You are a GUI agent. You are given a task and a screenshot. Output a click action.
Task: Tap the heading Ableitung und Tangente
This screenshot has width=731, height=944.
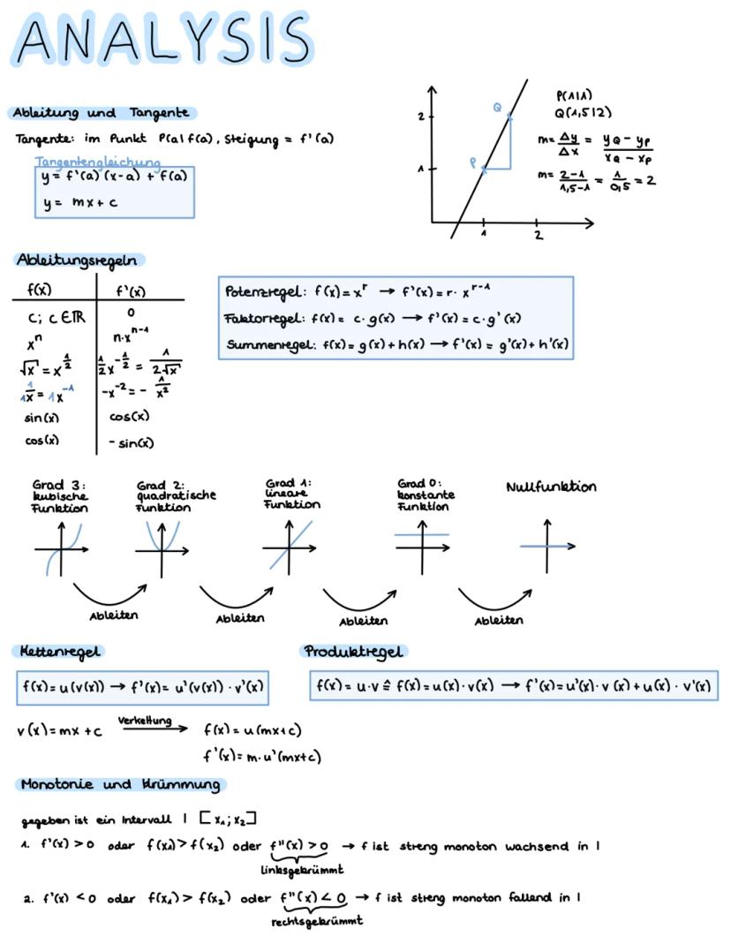101,113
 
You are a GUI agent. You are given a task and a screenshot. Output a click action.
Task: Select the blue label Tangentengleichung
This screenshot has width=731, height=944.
98,162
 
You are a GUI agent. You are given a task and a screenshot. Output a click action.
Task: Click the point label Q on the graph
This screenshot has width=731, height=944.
498,107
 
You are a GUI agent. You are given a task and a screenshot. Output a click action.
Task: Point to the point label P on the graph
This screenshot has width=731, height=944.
473,162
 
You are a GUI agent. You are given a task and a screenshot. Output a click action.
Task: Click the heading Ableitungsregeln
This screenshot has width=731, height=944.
79,260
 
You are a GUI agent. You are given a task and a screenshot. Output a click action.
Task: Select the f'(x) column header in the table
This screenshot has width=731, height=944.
131,291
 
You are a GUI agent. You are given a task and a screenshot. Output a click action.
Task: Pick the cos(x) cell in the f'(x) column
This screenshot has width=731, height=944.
129,416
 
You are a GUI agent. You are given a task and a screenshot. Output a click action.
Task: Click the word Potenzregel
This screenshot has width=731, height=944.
253,292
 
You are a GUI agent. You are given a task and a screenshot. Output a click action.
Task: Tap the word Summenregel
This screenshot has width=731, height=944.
257,344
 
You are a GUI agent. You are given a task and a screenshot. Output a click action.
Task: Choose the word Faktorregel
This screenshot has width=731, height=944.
255,318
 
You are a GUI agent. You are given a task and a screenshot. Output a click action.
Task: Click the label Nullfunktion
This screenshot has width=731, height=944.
551,487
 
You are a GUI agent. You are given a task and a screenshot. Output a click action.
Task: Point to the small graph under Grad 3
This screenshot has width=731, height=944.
62,549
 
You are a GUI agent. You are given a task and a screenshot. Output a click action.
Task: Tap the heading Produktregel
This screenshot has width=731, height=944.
353,652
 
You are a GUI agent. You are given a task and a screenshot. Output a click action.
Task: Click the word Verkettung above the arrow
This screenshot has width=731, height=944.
145,721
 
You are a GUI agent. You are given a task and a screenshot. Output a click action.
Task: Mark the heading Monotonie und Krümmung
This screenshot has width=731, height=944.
120,784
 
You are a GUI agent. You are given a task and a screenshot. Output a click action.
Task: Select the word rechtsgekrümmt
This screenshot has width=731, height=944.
316,921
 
